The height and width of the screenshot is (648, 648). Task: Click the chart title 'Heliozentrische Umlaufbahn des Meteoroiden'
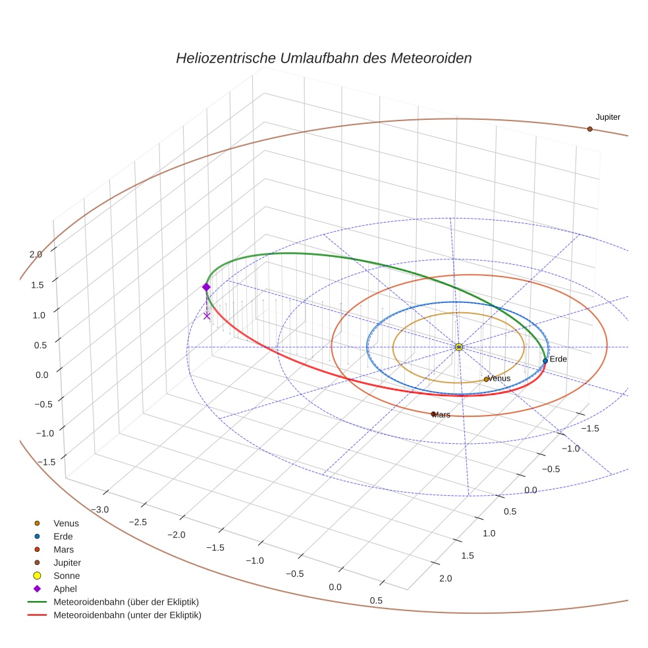coord(323,58)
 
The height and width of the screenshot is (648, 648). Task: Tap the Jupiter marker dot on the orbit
coord(589,129)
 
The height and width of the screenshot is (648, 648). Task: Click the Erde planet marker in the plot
coord(545,361)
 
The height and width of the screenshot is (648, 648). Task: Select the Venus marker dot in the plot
coord(486,379)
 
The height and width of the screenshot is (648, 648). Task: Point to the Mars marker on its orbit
coord(433,414)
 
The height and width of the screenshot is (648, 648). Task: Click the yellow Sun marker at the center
coord(459,347)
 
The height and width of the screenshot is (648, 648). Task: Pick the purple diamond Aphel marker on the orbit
coord(206,287)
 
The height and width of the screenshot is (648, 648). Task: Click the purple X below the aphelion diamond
coord(207,316)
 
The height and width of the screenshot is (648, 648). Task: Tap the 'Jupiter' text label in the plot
coord(608,117)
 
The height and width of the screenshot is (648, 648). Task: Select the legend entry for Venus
coord(66,523)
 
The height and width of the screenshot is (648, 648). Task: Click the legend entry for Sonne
coord(66,576)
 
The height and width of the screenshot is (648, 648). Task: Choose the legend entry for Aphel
coord(65,589)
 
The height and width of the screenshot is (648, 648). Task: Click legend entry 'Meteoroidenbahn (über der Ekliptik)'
coord(126,602)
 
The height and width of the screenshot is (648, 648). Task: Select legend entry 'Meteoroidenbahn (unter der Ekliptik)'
coord(127,615)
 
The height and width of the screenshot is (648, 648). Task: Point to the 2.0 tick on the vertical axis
coord(36,254)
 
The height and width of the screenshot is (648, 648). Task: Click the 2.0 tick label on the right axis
coord(445,579)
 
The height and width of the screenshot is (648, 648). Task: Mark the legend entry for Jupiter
coord(68,562)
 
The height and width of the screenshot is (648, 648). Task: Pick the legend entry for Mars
coord(63,549)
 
